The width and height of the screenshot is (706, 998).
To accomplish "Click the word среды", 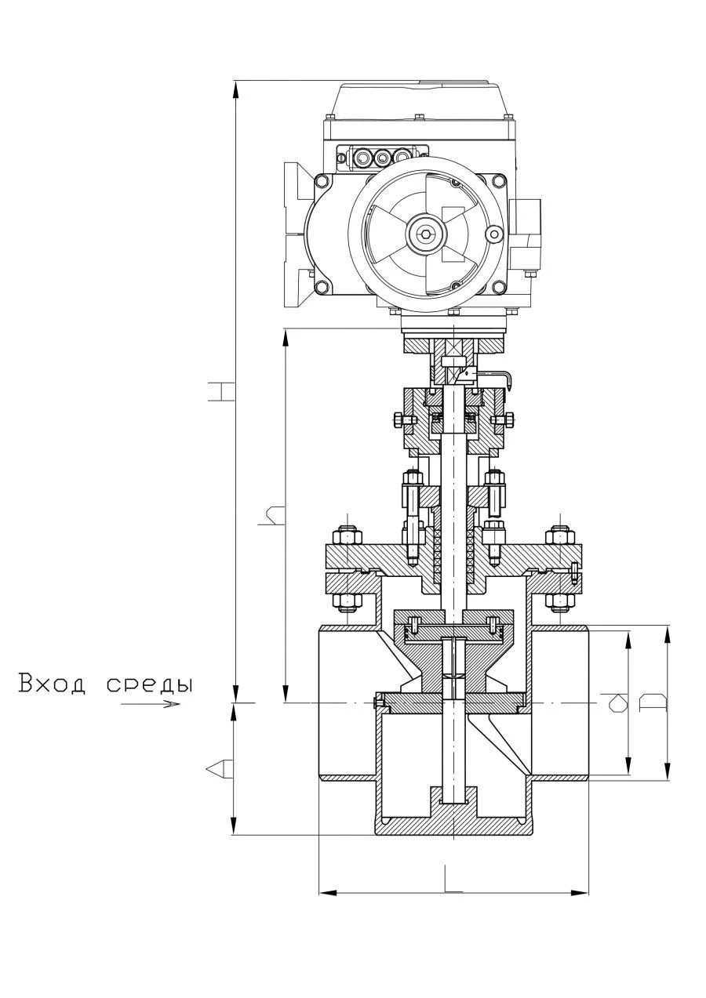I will point(149,684).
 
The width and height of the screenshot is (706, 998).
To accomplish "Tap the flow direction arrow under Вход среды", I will point(151,704).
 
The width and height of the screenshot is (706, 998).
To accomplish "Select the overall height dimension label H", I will point(220,390).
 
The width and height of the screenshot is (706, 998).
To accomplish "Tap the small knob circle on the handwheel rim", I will point(493,234).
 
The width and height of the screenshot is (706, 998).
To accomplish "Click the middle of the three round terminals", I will point(383,158).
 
